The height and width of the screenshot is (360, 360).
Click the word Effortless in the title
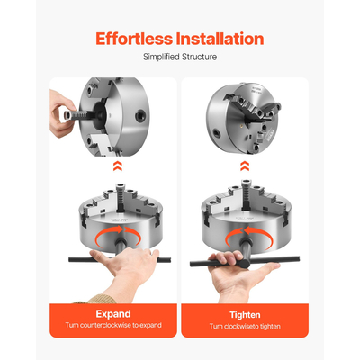[135, 39]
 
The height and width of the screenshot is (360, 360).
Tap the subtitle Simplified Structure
[180, 58]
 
